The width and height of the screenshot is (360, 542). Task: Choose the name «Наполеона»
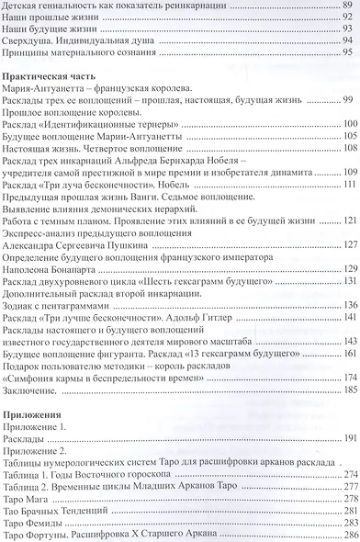(28, 268)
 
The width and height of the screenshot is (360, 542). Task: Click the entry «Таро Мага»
(28, 497)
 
